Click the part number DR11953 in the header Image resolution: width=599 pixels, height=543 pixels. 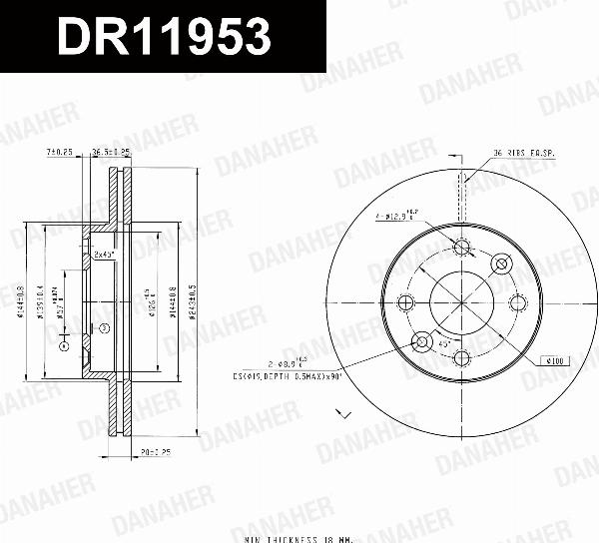pos(164,37)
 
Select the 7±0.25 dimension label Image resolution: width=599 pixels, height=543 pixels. pos(61,152)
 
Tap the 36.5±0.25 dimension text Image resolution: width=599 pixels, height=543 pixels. pos(112,152)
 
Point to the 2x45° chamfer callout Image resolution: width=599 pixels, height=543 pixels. pos(104,255)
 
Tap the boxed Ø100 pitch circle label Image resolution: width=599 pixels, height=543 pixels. pos(553,359)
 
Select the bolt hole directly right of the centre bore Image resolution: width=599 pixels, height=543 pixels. pos(517,303)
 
